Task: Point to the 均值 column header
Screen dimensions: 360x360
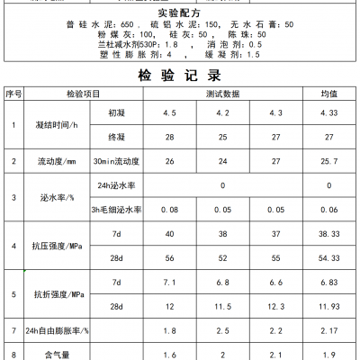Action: (328, 94)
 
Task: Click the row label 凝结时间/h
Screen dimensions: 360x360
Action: (57, 126)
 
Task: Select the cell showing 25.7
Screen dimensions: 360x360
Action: (328, 161)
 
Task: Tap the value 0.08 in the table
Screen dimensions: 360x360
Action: (168, 208)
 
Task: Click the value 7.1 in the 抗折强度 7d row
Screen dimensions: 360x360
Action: (168, 282)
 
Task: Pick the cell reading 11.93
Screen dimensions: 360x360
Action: (328, 307)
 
